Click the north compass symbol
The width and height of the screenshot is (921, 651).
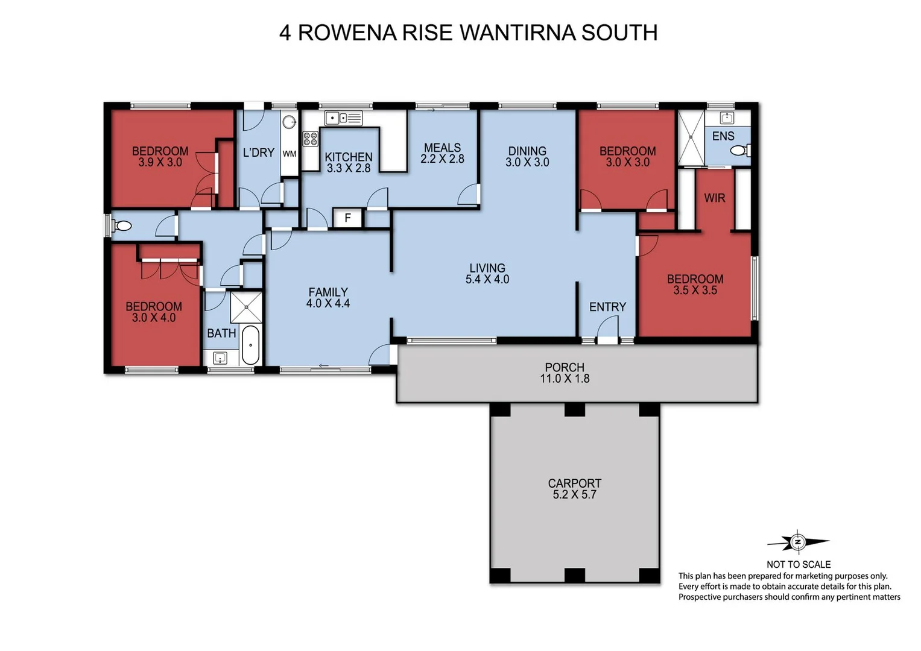[798, 542]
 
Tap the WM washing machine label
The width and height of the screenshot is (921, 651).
[290, 154]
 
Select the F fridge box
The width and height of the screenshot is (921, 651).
[347, 218]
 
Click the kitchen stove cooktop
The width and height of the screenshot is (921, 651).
[310, 139]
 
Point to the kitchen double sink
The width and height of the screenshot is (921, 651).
[343, 118]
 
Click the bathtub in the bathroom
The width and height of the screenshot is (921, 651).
[250, 345]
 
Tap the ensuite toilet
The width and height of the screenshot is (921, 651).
[740, 150]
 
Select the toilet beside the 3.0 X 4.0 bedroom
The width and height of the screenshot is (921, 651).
[122, 226]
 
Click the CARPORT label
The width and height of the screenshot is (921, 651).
[574, 483]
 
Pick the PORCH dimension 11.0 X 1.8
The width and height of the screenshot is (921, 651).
[565, 379]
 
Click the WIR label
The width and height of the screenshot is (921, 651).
[714, 198]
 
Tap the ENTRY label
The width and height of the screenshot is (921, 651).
[607, 307]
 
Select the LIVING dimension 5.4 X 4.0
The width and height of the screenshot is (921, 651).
[487, 279]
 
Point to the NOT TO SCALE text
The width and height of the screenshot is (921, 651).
[799, 564]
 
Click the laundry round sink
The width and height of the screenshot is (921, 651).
[290, 121]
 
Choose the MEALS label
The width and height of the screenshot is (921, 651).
[442, 148]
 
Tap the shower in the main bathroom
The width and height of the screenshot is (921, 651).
[246, 307]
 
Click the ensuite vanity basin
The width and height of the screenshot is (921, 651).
[727, 118]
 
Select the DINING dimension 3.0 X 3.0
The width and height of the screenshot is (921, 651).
[527, 162]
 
